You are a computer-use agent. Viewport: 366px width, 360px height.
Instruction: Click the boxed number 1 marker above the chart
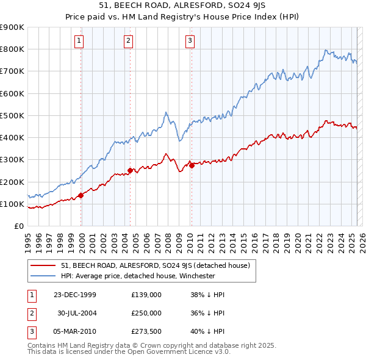click(x=80, y=41)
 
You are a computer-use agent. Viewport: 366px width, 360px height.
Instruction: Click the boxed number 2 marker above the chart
click(x=129, y=41)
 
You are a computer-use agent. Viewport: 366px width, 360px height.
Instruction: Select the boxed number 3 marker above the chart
click(x=190, y=41)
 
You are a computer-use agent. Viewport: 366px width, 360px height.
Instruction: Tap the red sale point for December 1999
click(x=81, y=195)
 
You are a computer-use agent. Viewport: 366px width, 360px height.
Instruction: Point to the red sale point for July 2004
click(x=130, y=171)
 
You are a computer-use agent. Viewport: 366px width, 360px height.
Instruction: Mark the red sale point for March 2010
click(x=191, y=165)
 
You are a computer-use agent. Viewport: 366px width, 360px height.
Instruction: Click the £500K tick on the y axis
click(x=13, y=115)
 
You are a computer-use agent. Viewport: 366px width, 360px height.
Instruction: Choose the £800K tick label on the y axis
click(x=13, y=49)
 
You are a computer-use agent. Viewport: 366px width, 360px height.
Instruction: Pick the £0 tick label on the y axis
click(x=18, y=226)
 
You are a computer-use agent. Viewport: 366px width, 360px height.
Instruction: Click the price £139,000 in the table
click(x=146, y=294)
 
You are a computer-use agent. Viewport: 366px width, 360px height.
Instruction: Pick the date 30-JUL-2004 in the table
click(x=77, y=313)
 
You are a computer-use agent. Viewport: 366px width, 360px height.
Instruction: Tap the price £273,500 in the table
click(x=146, y=332)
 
